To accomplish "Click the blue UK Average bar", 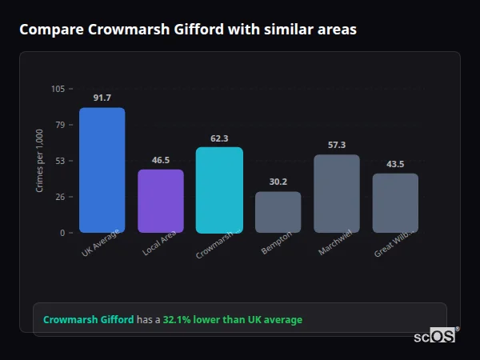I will point(102,170).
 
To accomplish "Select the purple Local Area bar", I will point(161,201).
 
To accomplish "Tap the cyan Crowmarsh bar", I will point(219,190).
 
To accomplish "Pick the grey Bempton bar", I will point(278,212).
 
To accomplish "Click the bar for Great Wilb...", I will point(395,202).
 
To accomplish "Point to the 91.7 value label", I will point(102,98).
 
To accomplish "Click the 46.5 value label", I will point(161,160).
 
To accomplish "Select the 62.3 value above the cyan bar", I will point(219,138).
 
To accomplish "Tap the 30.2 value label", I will point(278,182).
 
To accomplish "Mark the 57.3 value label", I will point(337,145).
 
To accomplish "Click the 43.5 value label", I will point(395,164).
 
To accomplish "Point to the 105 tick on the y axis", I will point(58,89).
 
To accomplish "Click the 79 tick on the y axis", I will point(60,125).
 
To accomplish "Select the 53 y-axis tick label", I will point(60,161).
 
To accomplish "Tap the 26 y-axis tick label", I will point(60,197).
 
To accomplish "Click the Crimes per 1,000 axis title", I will point(40,160).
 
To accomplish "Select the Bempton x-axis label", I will point(277,243).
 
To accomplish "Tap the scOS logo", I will point(434,336).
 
